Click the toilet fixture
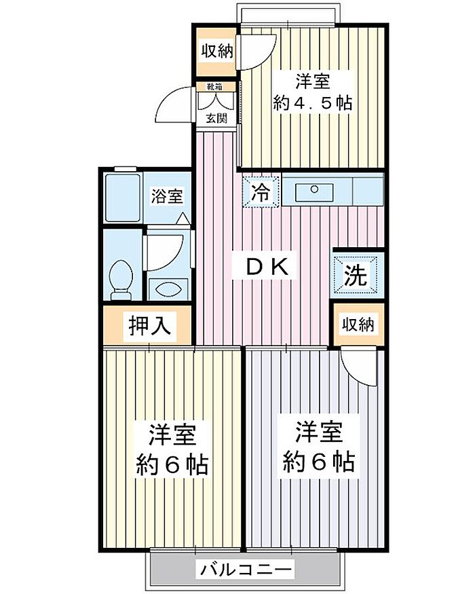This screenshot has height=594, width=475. [122, 280]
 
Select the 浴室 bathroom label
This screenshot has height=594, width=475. [166, 197]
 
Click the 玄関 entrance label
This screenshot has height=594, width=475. [216, 117]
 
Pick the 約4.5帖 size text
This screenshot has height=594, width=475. [312, 104]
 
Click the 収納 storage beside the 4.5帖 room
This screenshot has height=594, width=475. [215, 51]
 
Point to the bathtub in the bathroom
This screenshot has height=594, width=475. [123, 197]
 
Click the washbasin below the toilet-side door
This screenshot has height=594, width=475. [166, 288]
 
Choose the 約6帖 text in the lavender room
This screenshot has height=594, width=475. [317, 462]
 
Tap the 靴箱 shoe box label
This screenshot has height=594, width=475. [216, 87]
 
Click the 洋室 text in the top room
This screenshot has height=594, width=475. [313, 81]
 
